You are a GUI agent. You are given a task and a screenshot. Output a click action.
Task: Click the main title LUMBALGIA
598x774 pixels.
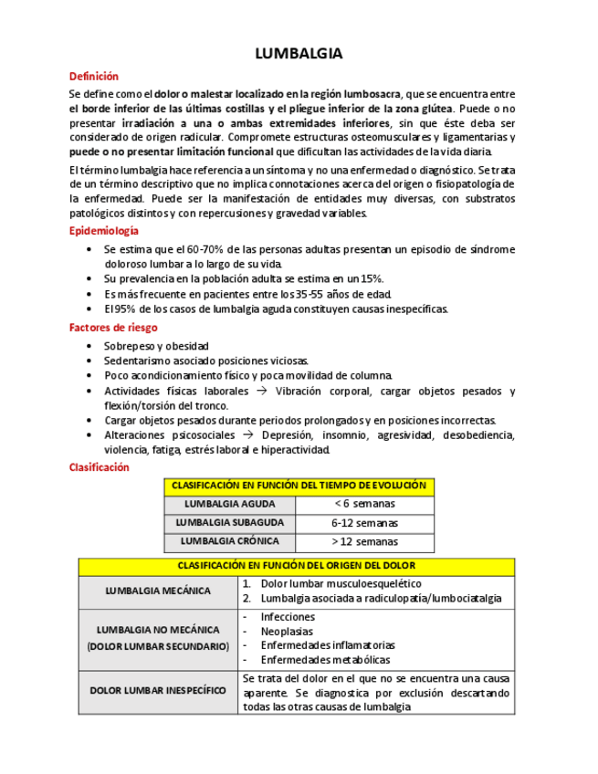[299, 54]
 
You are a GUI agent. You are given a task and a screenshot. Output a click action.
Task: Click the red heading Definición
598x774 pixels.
[94, 77]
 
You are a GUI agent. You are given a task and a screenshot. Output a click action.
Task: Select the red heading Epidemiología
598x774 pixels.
[104, 231]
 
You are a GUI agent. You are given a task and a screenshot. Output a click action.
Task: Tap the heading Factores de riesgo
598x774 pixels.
[113, 327]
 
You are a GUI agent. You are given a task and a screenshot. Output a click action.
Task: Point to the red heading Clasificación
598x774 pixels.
[100, 466]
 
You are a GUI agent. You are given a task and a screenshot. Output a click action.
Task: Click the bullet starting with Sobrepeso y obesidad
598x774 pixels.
[156, 346]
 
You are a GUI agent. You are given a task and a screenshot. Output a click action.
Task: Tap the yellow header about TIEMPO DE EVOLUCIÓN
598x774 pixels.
[299, 486]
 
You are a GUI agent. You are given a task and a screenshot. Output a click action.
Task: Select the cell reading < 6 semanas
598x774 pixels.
[364, 504]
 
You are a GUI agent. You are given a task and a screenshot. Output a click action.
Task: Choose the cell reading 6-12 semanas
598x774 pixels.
[364, 523]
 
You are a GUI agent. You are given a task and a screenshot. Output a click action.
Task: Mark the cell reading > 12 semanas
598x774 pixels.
[364, 541]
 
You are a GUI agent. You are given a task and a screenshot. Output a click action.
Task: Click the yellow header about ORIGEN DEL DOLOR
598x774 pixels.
[296, 566]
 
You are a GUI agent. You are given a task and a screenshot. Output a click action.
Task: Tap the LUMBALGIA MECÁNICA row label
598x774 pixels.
[158, 591]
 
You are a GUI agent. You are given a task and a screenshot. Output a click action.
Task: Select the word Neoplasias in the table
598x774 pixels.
[286, 631]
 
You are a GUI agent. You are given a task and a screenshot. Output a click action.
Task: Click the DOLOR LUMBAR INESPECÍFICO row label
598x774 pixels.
[158, 690]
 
